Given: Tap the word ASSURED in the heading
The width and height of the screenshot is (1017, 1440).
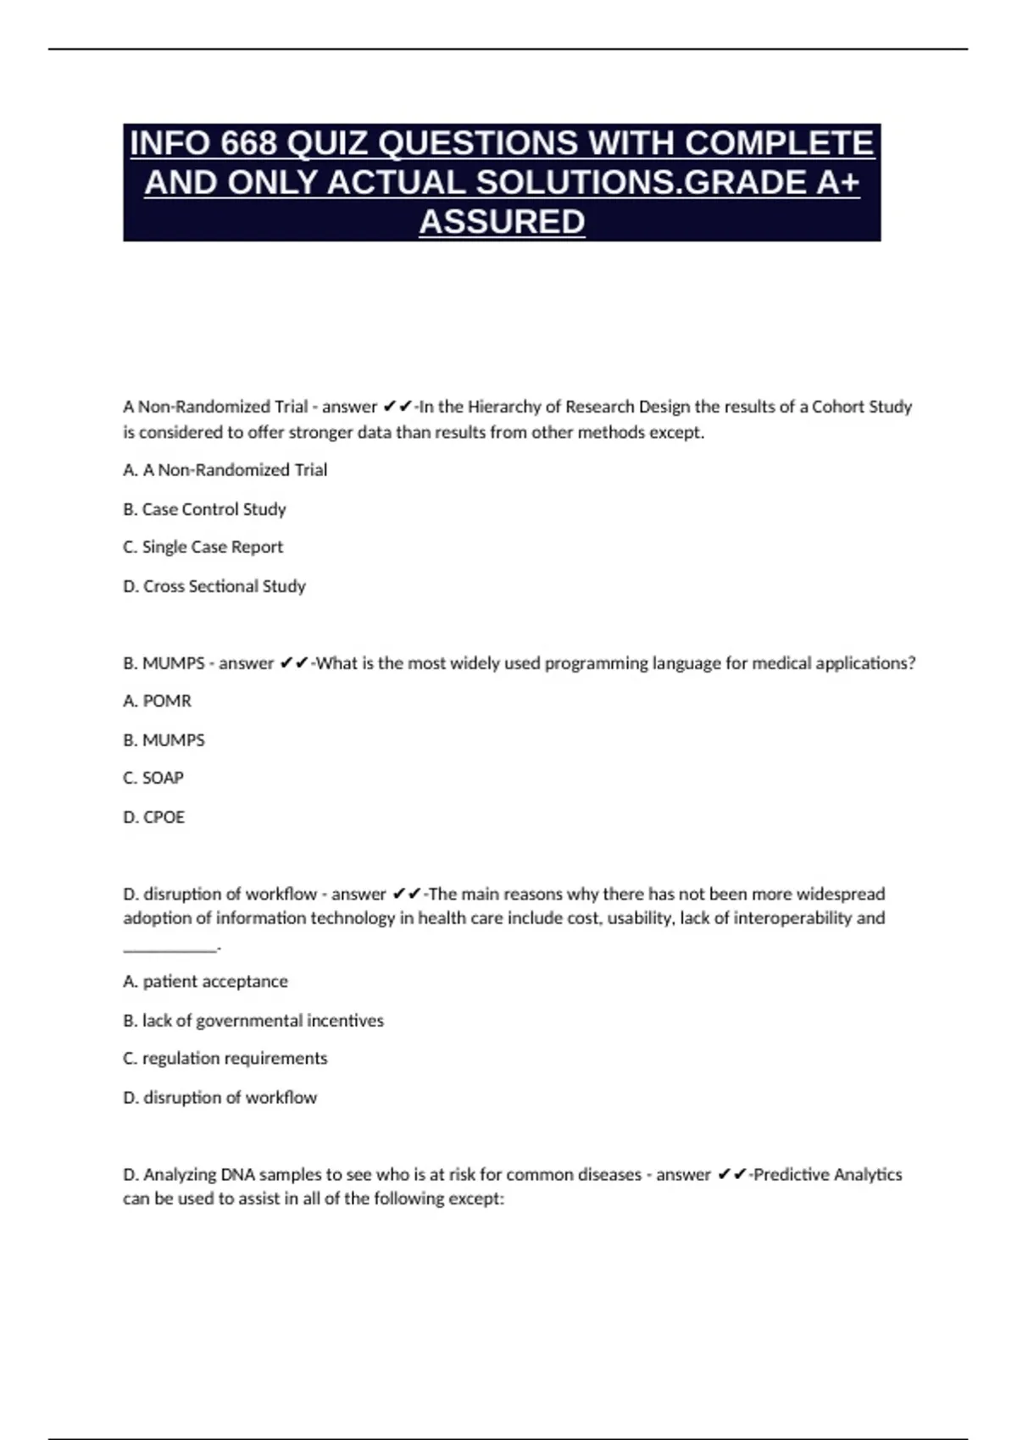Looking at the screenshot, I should (502, 222).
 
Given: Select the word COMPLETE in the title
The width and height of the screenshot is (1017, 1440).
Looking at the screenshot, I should (779, 143).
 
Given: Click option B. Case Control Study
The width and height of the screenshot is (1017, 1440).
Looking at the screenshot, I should (204, 509).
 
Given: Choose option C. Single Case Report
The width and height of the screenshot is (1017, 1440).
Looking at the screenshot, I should (203, 547).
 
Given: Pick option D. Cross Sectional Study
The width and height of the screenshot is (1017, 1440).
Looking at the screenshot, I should (214, 586).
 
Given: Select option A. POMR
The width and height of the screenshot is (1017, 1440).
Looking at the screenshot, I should (157, 701).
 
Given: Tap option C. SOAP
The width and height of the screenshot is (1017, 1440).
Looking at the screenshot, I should (153, 778).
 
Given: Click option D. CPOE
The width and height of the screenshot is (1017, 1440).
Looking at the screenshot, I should (153, 817).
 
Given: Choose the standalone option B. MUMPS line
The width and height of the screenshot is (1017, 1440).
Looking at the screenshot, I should (164, 740).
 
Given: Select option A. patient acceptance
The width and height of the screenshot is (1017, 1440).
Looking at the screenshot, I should (205, 982).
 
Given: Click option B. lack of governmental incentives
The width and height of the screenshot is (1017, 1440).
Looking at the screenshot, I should (253, 1021).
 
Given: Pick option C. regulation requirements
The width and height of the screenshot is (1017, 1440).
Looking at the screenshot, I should (225, 1059).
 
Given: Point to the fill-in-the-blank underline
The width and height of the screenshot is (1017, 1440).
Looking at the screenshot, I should (169, 950).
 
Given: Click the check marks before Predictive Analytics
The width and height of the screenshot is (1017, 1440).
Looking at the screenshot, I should (731, 1175).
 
